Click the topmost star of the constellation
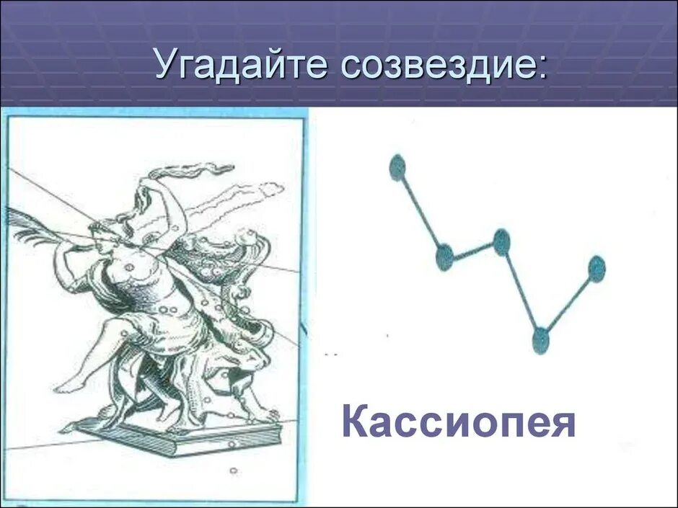(397, 167)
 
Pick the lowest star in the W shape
(540, 339)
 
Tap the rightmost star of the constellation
(596, 269)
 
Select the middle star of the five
(501, 241)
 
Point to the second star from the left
(444, 256)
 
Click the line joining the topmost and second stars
(421, 212)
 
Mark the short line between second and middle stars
(473, 249)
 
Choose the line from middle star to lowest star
(521, 290)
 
